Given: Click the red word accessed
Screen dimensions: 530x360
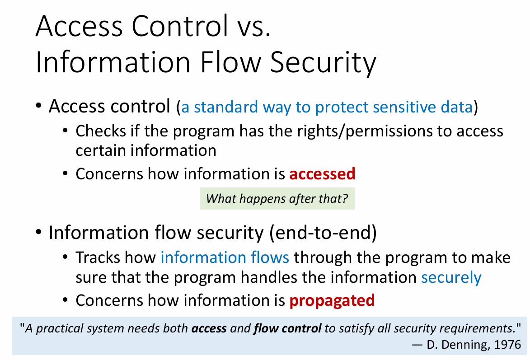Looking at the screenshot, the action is pyautogui.click(x=322, y=174).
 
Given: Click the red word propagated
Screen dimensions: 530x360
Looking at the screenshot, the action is pyautogui.click(x=332, y=300).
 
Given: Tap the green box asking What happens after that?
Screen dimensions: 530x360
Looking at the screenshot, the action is pyautogui.click(x=277, y=198).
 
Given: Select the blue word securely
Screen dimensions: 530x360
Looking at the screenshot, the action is pyautogui.click(x=451, y=278).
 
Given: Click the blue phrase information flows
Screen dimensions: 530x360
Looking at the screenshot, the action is pyautogui.click(x=225, y=257).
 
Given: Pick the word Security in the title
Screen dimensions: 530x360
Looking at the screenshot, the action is pyautogui.click(x=323, y=62).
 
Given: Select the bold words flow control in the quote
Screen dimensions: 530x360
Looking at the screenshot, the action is pyautogui.click(x=287, y=328).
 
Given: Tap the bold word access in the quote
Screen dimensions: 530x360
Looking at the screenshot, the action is pyautogui.click(x=209, y=328).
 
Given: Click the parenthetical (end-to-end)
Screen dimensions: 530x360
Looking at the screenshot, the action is pyautogui.click(x=323, y=233).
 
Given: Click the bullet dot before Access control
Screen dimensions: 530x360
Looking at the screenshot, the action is pyautogui.click(x=38, y=106).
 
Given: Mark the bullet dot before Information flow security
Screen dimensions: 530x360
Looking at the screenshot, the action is pyautogui.click(x=38, y=232).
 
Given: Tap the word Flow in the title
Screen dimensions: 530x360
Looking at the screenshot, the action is pyautogui.click(x=230, y=62).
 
